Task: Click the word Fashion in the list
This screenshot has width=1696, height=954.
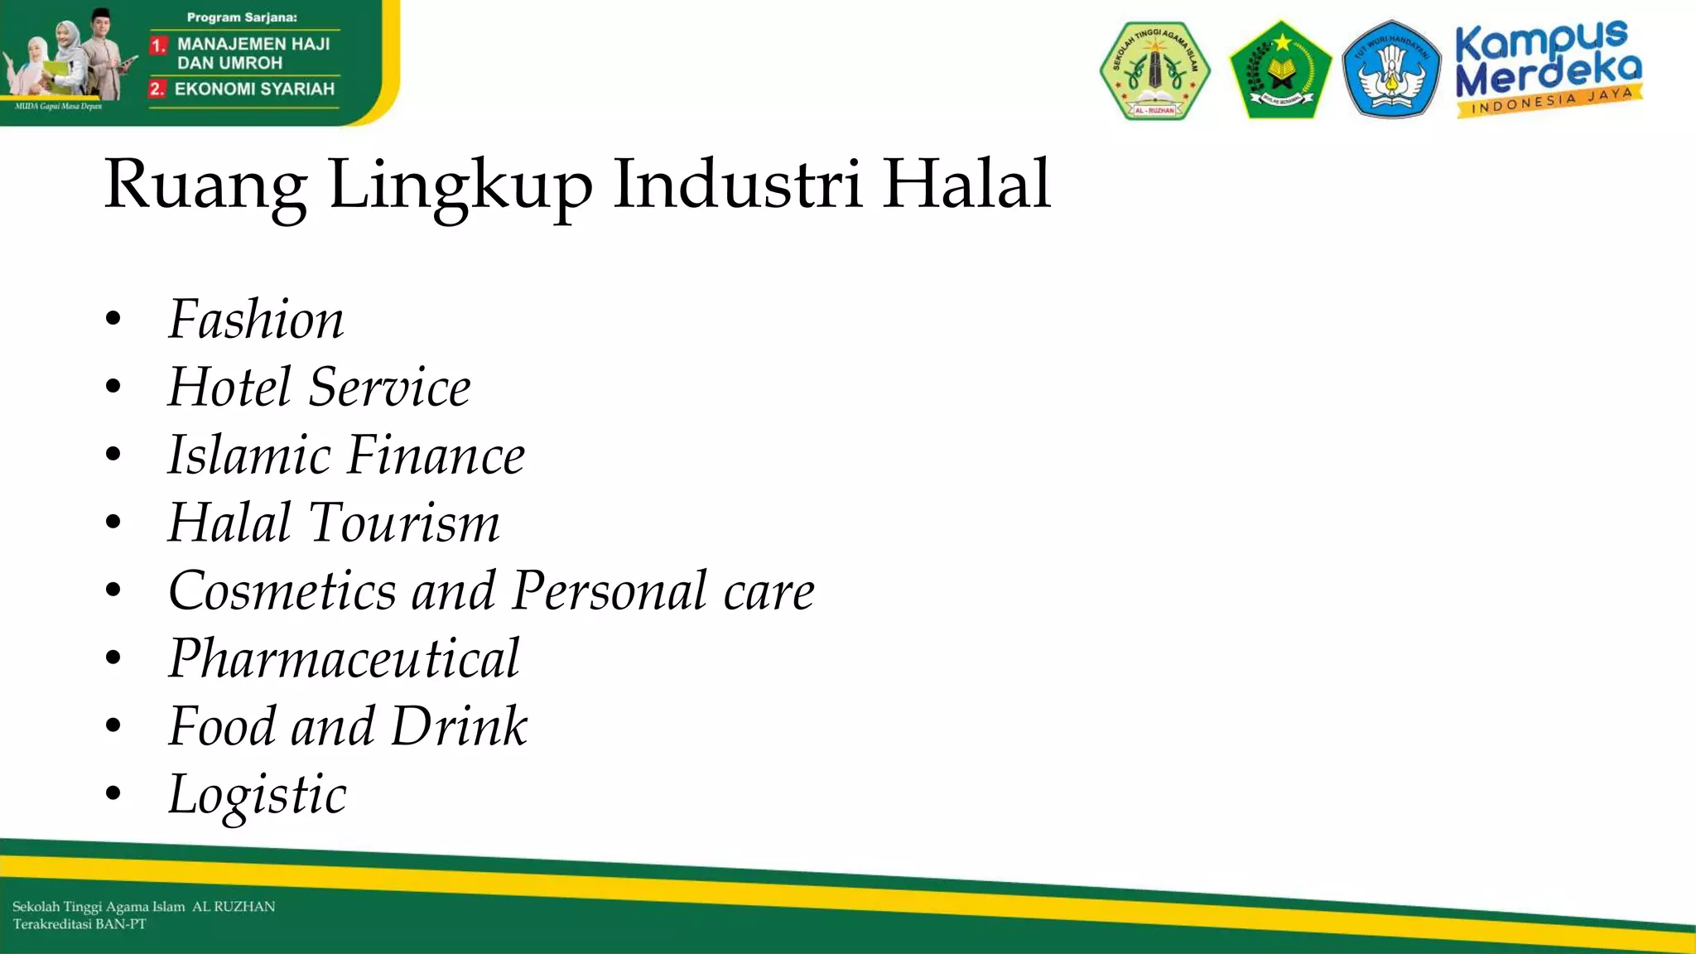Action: [x=256, y=320]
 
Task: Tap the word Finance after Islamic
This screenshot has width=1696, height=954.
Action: [x=435, y=455]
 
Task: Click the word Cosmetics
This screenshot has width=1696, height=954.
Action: [x=282, y=591]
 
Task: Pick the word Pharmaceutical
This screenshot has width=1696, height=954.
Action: [x=344, y=659]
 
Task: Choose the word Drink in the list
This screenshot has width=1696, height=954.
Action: [x=459, y=727]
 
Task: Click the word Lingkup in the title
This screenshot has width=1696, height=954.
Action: [x=460, y=184]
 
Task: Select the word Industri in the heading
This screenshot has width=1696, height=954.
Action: [x=737, y=184]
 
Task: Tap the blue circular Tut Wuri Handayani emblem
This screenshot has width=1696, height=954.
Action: [x=1391, y=70]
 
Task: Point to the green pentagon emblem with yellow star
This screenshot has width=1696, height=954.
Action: [x=1280, y=71]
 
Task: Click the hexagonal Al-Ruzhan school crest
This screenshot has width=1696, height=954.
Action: [x=1154, y=71]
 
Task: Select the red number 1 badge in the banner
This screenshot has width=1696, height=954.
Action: [x=158, y=46]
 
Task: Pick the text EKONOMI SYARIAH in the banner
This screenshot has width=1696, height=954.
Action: [x=254, y=89]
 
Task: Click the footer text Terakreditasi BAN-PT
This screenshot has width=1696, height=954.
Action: [x=79, y=924]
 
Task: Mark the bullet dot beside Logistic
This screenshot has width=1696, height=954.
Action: [x=113, y=793]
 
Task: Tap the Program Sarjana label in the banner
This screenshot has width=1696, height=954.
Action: [x=242, y=17]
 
